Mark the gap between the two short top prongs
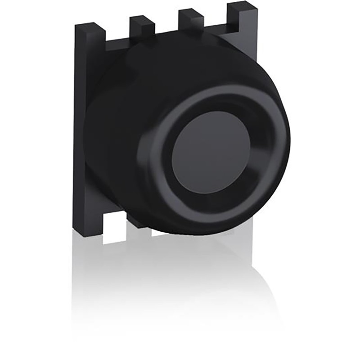click(166, 29)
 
